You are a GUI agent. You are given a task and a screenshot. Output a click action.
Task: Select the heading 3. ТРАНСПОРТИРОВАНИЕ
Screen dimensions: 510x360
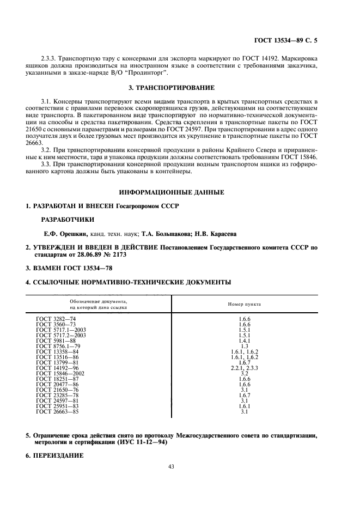click(x=172, y=87)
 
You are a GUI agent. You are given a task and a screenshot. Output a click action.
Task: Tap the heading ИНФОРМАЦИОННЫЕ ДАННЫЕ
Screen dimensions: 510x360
click(x=172, y=192)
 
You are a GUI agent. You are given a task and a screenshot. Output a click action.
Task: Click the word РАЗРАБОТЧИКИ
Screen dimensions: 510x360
click(x=68, y=220)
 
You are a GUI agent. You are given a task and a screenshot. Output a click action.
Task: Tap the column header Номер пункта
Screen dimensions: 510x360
click(x=244, y=304)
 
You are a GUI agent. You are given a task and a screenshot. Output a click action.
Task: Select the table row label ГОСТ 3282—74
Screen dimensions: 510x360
click(x=57, y=318)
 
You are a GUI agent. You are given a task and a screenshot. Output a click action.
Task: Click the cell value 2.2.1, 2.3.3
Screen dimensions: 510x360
click(x=244, y=367)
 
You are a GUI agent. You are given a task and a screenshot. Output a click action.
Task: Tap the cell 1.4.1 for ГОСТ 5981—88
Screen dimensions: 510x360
click(x=244, y=340)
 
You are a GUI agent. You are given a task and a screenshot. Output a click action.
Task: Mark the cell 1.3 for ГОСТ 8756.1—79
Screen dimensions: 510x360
click(x=244, y=346)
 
